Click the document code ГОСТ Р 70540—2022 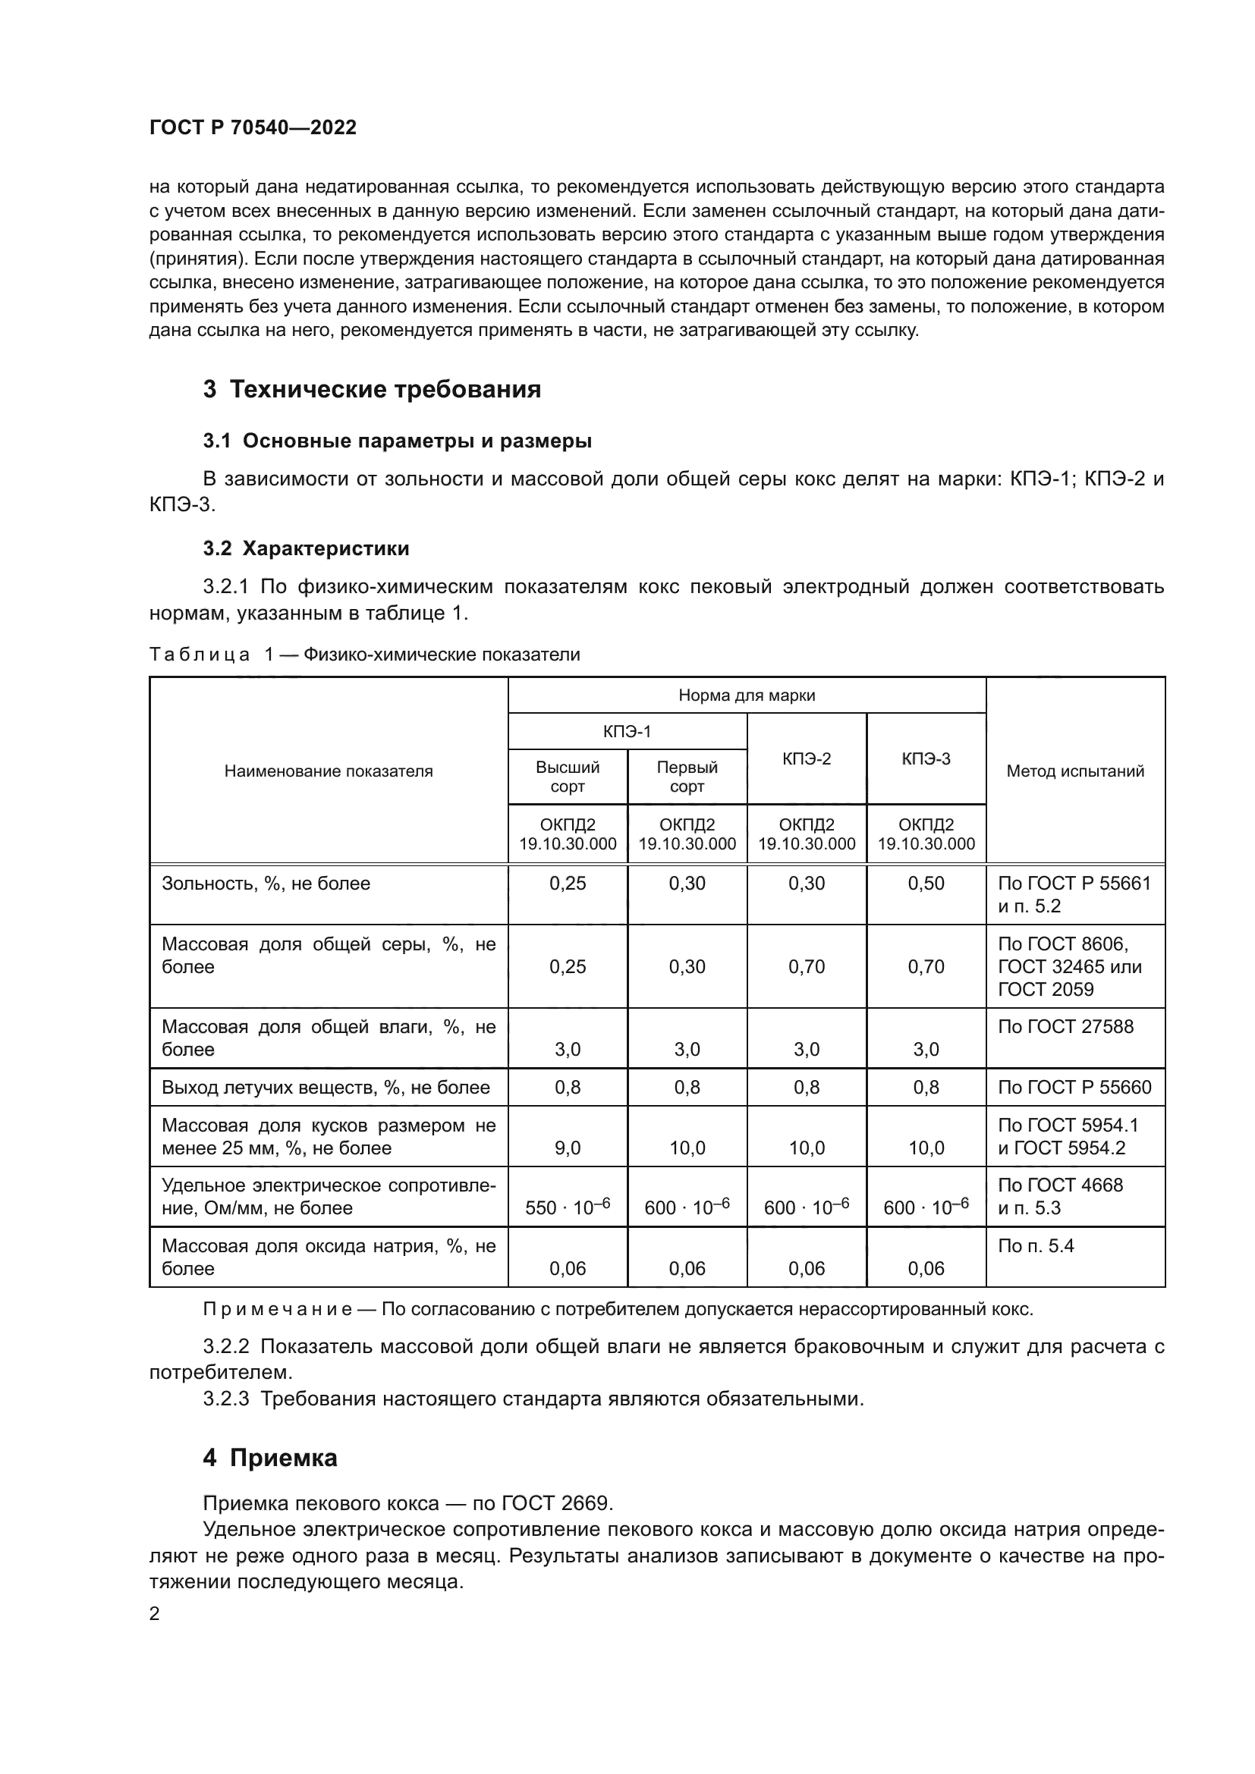253,128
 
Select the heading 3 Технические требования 372,389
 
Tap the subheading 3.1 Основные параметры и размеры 397,441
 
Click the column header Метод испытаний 1075,771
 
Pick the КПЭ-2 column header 806,758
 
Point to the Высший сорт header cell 568,777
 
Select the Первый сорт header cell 687,777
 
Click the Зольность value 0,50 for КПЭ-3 926,883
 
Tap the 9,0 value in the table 568,1148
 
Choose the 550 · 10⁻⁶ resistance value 568,1207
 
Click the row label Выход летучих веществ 326,1088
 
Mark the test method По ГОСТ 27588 1065,1027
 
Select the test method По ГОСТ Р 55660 1074,1088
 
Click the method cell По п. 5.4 1036,1246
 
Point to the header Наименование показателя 329,771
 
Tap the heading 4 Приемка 270,1458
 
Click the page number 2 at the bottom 155,1614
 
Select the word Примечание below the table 278,1310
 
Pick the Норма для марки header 747,695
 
